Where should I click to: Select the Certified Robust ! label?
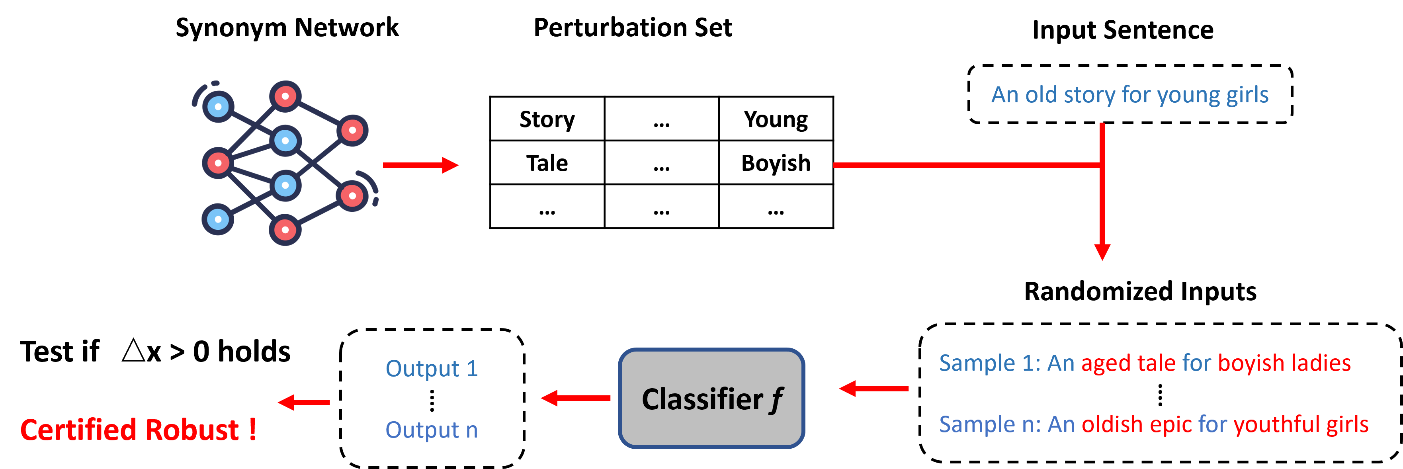point(138,430)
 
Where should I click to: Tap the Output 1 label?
point(431,369)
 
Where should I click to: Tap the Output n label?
point(431,430)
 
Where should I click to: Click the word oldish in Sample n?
point(1112,424)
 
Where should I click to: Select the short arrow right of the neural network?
point(420,165)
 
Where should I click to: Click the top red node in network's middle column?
point(285,96)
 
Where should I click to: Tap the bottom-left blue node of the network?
point(218,219)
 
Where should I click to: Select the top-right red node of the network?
point(352,130)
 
